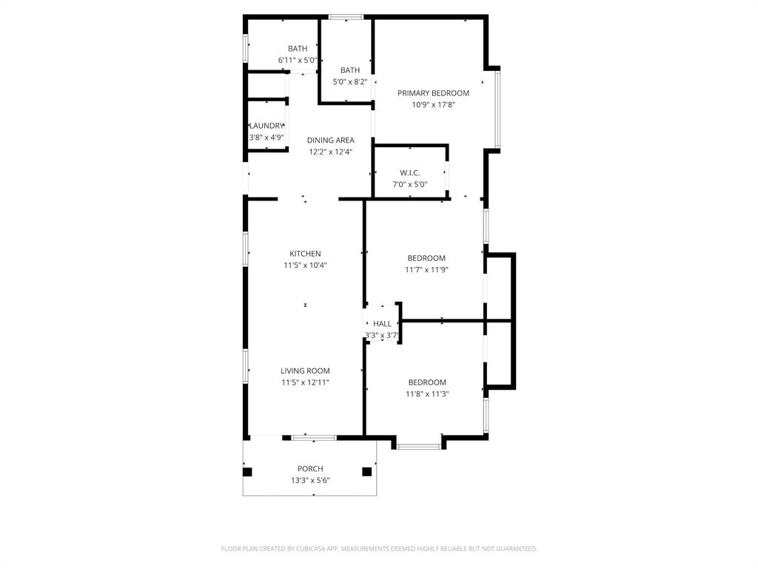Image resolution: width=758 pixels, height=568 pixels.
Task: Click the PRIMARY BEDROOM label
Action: tap(433, 93)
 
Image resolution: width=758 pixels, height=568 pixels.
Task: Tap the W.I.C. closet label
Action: tap(409, 173)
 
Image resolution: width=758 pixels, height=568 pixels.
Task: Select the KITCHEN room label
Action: tap(305, 254)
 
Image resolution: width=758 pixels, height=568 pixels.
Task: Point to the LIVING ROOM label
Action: tap(305, 371)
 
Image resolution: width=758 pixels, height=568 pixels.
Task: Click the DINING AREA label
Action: tap(330, 140)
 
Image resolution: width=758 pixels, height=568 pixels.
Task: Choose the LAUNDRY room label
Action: tap(266, 126)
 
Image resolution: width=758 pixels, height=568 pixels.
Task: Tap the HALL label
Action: tap(382, 323)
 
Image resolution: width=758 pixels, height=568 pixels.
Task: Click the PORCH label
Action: tap(310, 468)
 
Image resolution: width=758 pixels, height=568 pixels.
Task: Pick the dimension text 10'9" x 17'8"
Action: tap(433, 105)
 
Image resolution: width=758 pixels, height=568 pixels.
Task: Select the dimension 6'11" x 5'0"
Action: tap(297, 61)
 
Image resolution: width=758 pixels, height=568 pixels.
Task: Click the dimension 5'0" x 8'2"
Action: tap(350, 82)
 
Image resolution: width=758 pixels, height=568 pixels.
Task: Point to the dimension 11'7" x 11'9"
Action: tap(426, 270)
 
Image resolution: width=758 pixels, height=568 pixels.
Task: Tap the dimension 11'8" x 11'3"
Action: tap(427, 394)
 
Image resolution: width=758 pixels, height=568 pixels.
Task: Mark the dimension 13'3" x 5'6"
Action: tap(310, 480)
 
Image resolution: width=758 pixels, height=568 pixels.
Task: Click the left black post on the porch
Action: tap(247, 471)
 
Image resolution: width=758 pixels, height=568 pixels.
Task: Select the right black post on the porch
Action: tap(366, 471)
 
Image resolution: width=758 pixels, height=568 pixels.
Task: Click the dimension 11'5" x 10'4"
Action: tap(305, 266)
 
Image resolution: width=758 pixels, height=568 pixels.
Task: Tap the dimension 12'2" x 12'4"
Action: tap(330, 152)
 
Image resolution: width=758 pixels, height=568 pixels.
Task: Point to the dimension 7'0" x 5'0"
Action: tap(409, 185)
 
